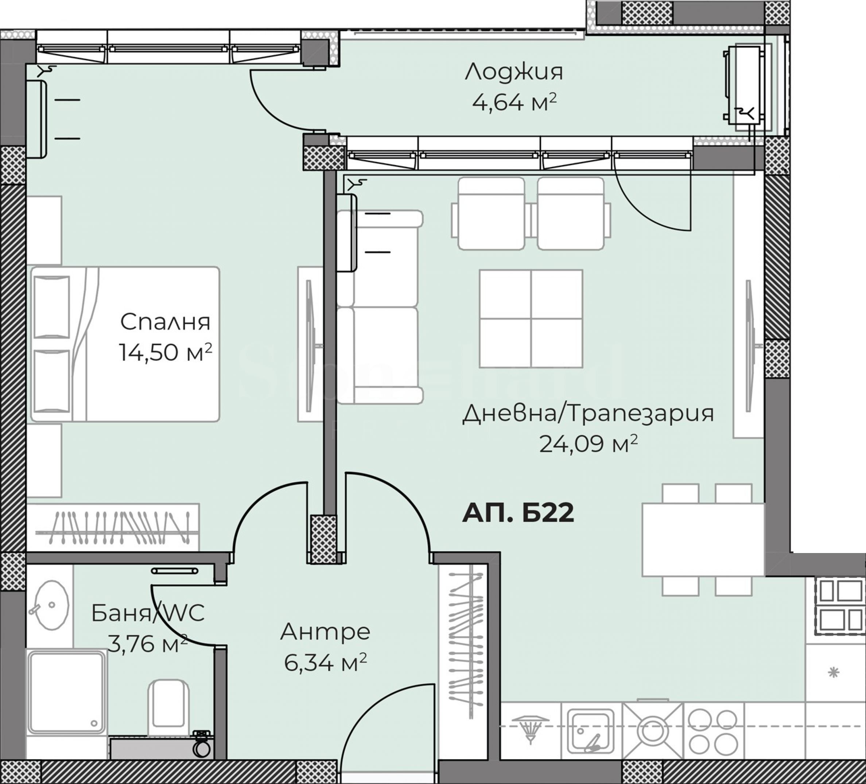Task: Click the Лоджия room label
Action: (x=514, y=72)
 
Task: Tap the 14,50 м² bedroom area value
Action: (x=166, y=352)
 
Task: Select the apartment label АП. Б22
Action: (x=518, y=513)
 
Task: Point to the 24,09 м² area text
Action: (x=588, y=444)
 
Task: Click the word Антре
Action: (x=325, y=632)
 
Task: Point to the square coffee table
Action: (x=531, y=318)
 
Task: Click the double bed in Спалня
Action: (x=125, y=344)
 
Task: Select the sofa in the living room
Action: (x=378, y=307)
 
